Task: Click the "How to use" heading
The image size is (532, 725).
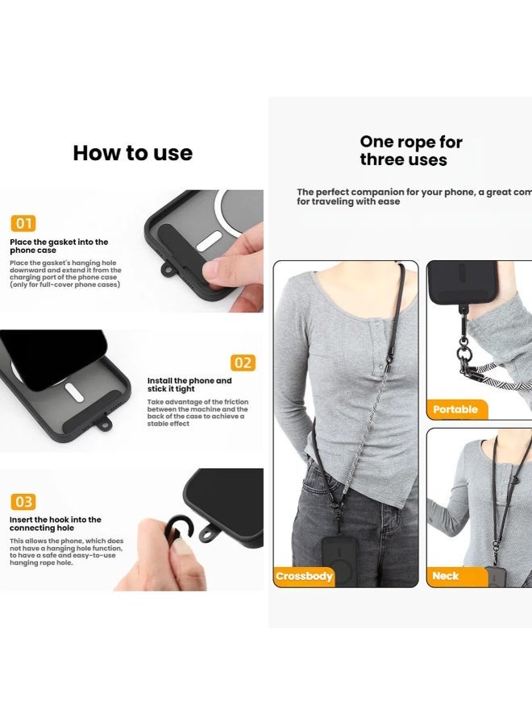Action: [132, 153]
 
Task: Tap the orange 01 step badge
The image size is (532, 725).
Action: [23, 223]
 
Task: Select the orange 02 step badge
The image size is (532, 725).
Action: [243, 362]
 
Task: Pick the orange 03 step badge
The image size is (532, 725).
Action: [23, 502]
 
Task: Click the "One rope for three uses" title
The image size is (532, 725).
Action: [411, 151]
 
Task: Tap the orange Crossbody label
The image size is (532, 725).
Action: [305, 576]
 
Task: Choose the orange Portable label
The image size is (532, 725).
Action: [455, 409]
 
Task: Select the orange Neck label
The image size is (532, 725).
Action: [446, 576]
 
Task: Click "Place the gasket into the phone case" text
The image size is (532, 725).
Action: [59, 246]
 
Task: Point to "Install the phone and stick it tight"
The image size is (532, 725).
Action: [189, 385]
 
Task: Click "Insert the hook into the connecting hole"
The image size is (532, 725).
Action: [56, 524]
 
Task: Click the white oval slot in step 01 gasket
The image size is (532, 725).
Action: [210, 241]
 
